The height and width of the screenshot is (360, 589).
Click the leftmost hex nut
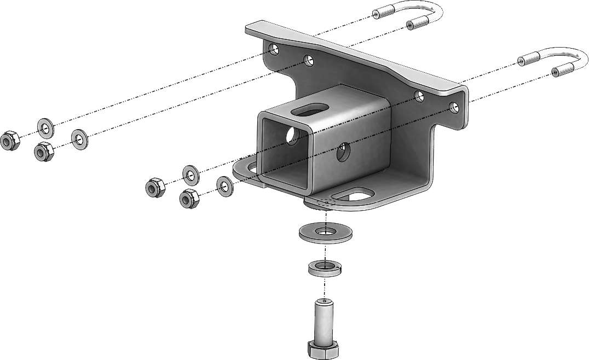pos(10,141)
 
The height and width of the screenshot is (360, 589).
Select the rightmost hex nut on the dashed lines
pos(188,198)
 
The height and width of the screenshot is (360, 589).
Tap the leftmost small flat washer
pos(45,128)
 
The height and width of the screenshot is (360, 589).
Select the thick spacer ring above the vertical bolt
pos(324,268)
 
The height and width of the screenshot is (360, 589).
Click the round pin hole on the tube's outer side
pos(343,153)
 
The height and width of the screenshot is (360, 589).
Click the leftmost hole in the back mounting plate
pos(274,50)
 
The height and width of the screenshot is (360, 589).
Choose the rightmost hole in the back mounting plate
pos(453,107)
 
